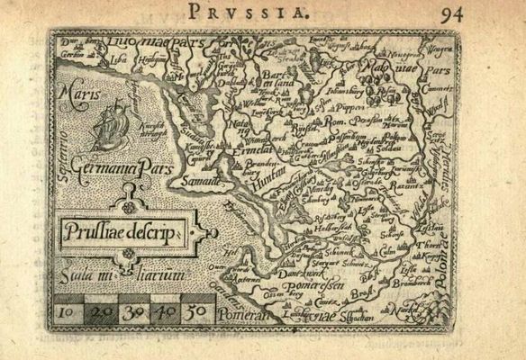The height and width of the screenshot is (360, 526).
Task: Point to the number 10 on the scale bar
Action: pyautogui.click(x=66, y=313)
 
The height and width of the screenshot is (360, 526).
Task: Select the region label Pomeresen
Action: pyautogui.click(x=301, y=288)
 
